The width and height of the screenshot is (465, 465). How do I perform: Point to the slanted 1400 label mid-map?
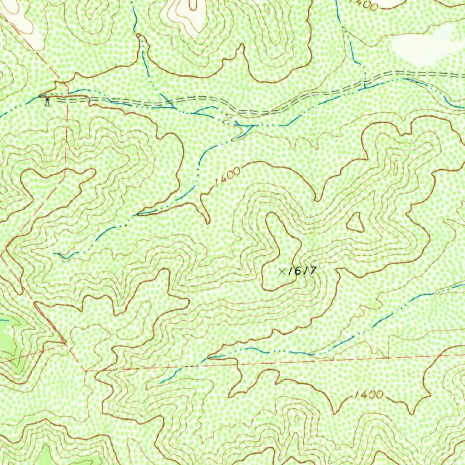[227, 177]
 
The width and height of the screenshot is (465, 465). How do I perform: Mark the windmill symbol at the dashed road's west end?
[47, 100]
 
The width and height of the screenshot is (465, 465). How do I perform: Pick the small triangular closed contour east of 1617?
[356, 223]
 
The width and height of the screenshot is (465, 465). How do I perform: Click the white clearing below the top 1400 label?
[422, 43]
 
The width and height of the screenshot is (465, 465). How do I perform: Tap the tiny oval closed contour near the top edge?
[193, 5]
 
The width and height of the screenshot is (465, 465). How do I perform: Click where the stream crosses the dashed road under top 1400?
[365, 84]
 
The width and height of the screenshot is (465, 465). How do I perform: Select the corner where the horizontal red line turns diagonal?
[85, 371]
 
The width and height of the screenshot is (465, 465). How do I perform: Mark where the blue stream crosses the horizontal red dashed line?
[199, 365]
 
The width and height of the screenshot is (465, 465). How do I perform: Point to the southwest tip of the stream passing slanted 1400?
[55, 253]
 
